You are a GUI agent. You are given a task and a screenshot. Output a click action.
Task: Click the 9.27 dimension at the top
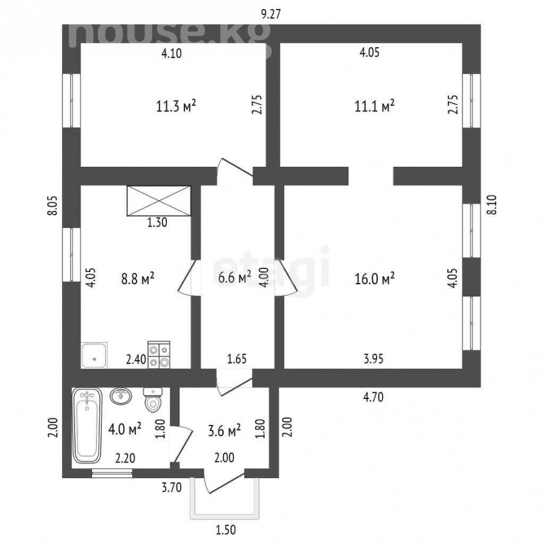pos(271,15)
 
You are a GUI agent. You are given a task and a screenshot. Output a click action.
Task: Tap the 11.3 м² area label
pos(176,106)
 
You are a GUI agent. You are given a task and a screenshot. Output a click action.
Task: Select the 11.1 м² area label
pos(374,106)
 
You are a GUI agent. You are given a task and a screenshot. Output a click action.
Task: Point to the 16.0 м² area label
pos(374,279)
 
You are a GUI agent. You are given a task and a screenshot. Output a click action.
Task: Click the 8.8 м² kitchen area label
pos(138,279)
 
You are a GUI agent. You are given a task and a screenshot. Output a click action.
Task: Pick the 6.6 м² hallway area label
pos(235,277)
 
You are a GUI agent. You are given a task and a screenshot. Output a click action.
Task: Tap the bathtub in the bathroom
pos(87,426)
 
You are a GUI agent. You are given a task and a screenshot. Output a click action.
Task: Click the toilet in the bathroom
pos(153,400)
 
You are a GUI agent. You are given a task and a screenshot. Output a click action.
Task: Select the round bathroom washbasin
pos(121,396)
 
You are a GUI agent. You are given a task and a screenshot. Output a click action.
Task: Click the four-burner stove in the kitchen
pos(159,355)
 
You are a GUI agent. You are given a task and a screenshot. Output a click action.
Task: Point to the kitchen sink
pos(94,355)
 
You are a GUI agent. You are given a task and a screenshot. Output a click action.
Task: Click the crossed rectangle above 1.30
pos(159,201)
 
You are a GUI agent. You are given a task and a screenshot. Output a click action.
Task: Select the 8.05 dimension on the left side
pos(53,206)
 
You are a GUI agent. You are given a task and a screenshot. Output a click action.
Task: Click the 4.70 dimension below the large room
pos(374,397)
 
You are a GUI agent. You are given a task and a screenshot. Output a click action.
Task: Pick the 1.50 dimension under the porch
pos(226,529)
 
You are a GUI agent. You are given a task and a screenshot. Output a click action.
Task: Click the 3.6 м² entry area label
pos(224,431)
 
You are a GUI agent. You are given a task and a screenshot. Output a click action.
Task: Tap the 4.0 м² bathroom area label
pos(125,429)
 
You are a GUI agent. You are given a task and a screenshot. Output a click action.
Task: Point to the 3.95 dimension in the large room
pos(374,358)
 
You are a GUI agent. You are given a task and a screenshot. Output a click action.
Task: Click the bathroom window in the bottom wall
pos(112,473)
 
